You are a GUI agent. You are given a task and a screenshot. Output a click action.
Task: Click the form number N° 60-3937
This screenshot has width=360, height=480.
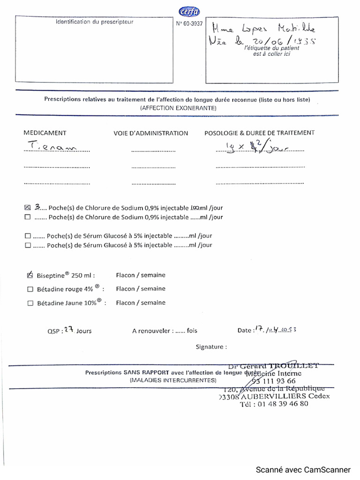190,24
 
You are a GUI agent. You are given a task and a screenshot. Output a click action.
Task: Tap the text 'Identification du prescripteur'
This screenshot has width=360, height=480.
95,22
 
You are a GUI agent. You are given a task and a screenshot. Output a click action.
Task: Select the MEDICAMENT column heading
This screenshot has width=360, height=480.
45,133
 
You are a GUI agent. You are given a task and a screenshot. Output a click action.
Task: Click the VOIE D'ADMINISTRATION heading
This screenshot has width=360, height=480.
150,133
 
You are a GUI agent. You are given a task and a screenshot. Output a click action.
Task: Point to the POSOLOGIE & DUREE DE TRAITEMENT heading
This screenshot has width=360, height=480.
259,133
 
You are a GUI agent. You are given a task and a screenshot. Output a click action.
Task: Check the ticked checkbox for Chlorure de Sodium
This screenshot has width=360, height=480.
27,207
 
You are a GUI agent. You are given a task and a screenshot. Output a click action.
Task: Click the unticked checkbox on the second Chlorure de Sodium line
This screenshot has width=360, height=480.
27,217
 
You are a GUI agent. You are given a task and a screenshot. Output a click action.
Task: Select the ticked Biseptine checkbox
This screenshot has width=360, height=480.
30,275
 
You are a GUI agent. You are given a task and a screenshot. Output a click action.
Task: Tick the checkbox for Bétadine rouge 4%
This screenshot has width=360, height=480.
30,290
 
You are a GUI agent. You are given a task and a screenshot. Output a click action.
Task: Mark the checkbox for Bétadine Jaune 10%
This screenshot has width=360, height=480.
30,303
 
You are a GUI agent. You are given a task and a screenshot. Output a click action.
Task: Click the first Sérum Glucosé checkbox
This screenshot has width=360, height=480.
27,236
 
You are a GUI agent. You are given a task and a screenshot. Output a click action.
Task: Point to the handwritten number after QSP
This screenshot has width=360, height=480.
69,330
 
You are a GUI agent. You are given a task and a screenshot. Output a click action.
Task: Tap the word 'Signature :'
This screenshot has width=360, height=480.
211,347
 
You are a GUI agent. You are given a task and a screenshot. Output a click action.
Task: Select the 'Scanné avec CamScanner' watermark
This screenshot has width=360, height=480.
303,469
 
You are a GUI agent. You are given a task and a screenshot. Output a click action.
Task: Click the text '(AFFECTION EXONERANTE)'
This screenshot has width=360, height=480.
178,108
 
